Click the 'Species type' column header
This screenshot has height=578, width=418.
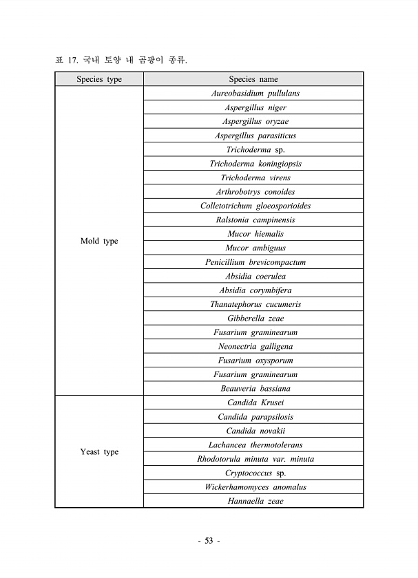99,79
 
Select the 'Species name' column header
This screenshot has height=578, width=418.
253,79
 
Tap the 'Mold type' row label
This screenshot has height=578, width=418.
99,241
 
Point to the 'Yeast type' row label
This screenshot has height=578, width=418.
99,452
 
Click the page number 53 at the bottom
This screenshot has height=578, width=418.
209,542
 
